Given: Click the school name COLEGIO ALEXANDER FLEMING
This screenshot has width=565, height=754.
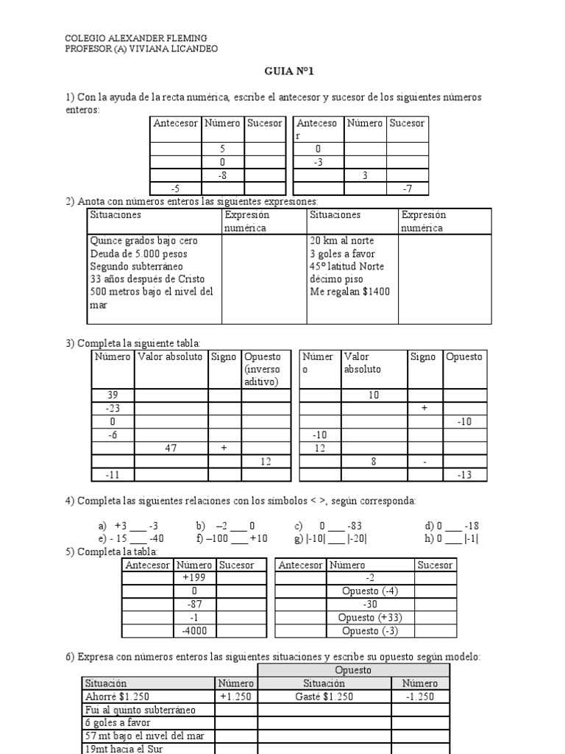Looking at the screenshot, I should (136, 38).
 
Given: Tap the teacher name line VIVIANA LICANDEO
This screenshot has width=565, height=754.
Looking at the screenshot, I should (141, 49).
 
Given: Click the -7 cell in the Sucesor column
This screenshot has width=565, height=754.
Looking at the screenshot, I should (407, 188).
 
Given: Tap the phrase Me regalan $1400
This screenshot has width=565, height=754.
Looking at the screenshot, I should (350, 292).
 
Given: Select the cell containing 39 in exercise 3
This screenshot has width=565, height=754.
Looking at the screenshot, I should (113, 395).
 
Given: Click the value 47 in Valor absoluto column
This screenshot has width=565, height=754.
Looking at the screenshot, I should (171, 448).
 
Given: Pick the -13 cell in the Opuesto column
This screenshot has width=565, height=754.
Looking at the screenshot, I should (463, 474).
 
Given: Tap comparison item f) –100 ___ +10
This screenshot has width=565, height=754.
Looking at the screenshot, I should (231, 538).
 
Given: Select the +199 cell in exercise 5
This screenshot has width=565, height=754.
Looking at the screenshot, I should (194, 578).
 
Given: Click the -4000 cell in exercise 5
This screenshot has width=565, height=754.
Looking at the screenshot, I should (194, 632).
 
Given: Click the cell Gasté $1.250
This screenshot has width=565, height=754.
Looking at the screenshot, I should (324, 697).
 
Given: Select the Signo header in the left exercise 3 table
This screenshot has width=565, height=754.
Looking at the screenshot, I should (224, 357).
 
